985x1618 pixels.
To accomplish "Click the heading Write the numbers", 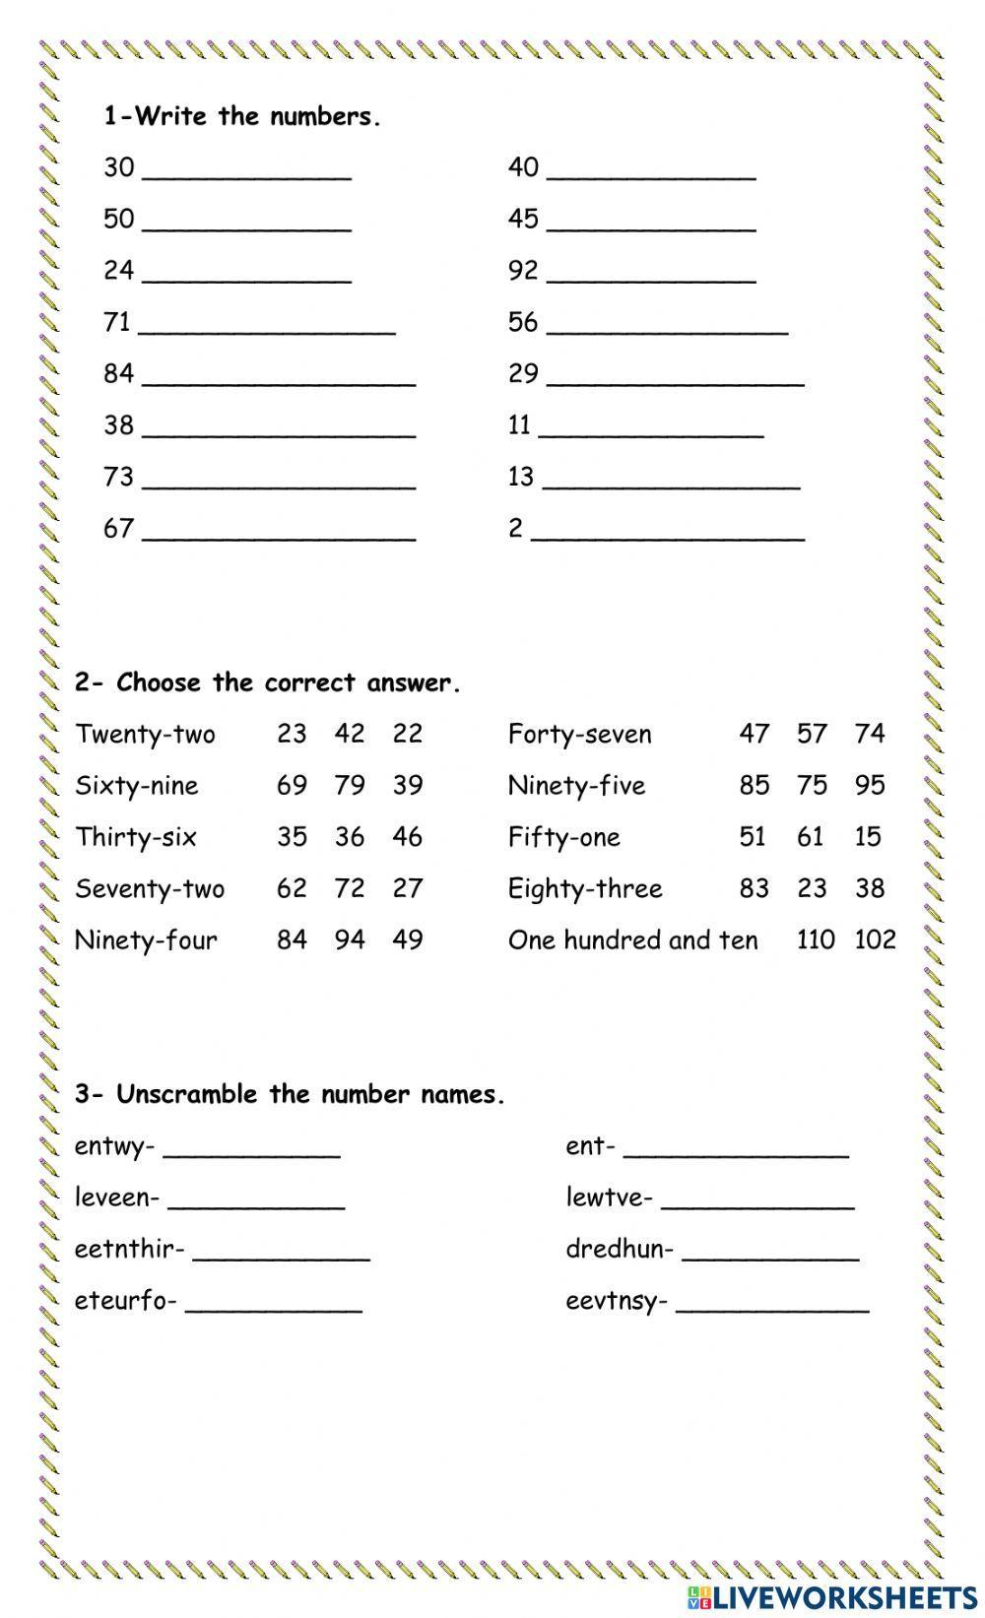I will (242, 117).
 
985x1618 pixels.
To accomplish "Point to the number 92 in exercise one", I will (523, 270).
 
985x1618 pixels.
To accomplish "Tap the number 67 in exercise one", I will (118, 529).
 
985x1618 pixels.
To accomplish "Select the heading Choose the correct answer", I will (268, 683).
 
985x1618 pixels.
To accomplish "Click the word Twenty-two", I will (145, 735).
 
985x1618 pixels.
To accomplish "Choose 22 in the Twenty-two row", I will (407, 734).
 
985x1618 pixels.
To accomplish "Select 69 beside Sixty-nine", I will (292, 786).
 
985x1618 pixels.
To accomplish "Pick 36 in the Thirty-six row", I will (350, 837).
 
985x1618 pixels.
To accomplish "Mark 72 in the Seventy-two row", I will (350, 888).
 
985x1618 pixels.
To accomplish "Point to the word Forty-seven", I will (579, 735).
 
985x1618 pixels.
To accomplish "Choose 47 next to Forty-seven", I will (754, 734).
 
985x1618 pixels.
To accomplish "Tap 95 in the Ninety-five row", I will (870, 786).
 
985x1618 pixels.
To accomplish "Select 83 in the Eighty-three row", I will (754, 888).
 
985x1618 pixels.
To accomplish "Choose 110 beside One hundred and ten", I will (816, 939).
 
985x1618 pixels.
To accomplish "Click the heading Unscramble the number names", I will (290, 1095).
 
